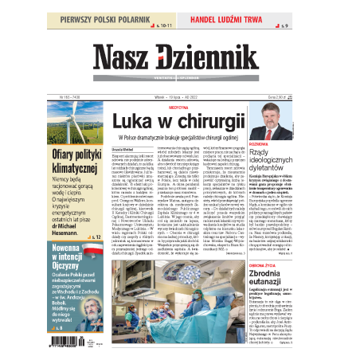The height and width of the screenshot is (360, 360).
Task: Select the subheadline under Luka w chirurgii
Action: (x=178, y=138)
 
